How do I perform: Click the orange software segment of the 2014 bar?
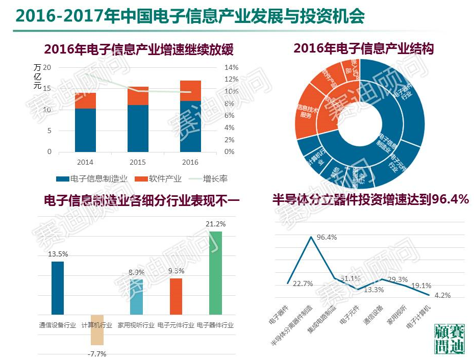click(85, 100)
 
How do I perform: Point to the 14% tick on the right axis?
click(232, 68)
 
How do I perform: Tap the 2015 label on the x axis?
click(138, 162)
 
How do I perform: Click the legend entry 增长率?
click(215, 179)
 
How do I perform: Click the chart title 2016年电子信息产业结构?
click(363, 48)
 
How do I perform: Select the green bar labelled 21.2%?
click(216, 272)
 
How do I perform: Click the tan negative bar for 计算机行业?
click(97, 329)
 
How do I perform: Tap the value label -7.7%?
click(97, 353)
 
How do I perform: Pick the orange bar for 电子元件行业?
click(176, 296)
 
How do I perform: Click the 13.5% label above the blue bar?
click(58, 254)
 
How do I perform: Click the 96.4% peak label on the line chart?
click(327, 238)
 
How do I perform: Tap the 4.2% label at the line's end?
click(438, 295)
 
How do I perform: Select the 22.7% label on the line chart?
click(303, 284)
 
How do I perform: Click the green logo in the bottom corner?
click(449, 339)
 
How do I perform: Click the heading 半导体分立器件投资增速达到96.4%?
click(371, 199)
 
